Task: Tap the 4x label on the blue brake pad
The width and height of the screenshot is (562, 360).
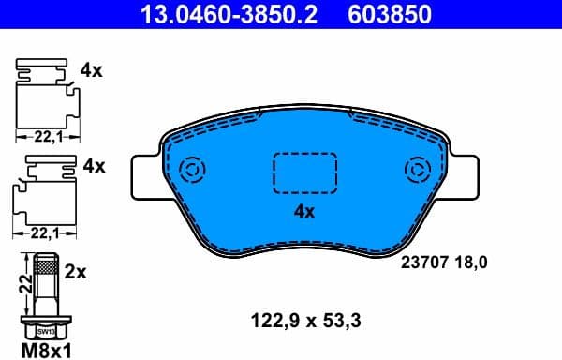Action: pyautogui.click(x=303, y=211)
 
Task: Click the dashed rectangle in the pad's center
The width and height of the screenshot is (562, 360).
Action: pyautogui.click(x=303, y=173)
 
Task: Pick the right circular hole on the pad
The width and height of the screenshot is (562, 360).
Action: pyautogui.click(x=414, y=170)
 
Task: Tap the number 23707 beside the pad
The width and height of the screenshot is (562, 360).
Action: pyautogui.click(x=421, y=264)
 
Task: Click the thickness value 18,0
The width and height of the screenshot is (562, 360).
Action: pyautogui.click(x=472, y=264)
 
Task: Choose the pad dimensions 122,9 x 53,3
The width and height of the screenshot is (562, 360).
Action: pyautogui.click(x=305, y=320)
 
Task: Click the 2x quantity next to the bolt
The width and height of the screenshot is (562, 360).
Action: pyautogui.click(x=76, y=272)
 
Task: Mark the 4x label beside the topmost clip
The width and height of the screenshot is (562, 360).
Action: pyautogui.click(x=92, y=70)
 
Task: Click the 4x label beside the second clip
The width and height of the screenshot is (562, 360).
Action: pyautogui.click(x=94, y=165)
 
